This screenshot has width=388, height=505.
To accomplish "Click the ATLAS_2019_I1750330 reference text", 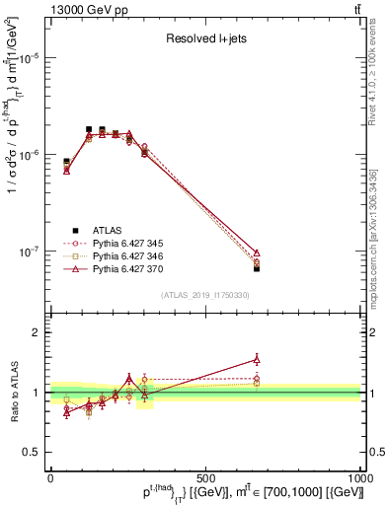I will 205,296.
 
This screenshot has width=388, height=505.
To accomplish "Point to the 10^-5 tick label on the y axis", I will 30,58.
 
